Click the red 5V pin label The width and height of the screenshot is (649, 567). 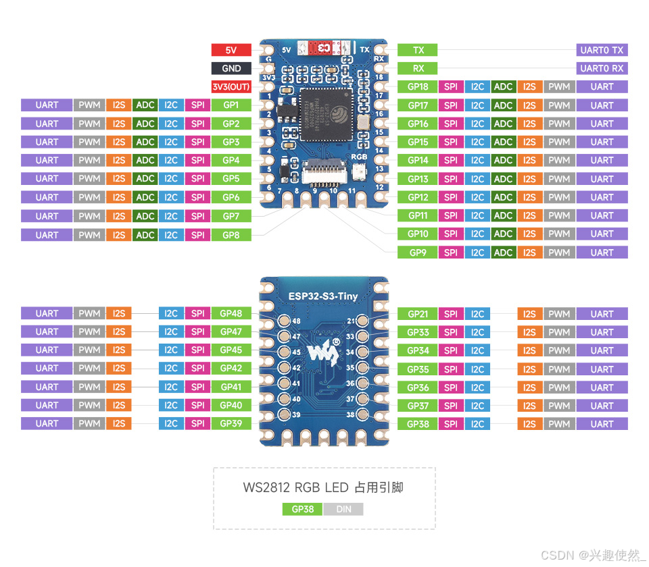click(x=231, y=50)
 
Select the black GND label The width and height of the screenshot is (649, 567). click(x=231, y=68)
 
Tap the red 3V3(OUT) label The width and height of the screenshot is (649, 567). click(x=231, y=86)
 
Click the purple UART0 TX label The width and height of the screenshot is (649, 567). click(x=602, y=50)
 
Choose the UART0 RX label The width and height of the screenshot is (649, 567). click(x=602, y=68)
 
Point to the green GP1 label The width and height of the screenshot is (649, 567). click(x=231, y=105)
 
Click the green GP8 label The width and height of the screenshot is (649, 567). click(x=231, y=235)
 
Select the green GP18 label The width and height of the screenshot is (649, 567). click(x=418, y=86)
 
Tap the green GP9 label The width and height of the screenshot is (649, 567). click(x=418, y=252)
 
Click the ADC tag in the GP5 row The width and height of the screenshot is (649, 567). click(x=145, y=179)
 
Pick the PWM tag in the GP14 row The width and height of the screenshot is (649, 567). click(x=559, y=161)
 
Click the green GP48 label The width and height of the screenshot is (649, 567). click(x=231, y=313)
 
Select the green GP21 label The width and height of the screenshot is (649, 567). click(x=418, y=314)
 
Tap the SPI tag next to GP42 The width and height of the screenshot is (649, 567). click(x=197, y=369)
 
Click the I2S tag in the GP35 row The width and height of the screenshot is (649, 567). click(x=529, y=369)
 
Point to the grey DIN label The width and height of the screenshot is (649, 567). click(x=343, y=509)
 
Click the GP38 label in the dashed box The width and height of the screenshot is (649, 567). click(x=302, y=509)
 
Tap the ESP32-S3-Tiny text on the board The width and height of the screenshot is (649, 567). click(x=324, y=294)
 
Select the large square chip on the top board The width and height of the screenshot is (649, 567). click(x=326, y=113)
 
